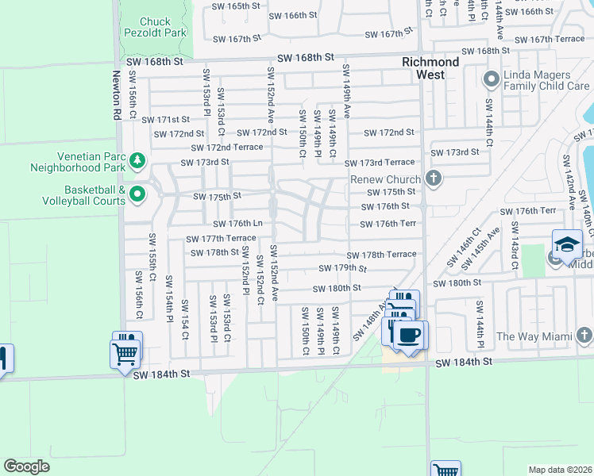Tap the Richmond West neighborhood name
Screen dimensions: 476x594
pyautogui.click(x=430, y=67)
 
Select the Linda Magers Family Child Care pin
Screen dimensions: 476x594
pyautogui.click(x=490, y=79)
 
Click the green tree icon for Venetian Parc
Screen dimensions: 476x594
pyautogui.click(x=138, y=161)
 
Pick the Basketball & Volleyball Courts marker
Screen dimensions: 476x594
pyautogui.click(x=137, y=193)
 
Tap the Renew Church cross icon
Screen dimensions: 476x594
pyautogui.click(x=433, y=178)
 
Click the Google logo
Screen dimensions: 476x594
pyautogui.click(x=26, y=466)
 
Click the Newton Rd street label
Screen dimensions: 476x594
pyautogui.click(x=117, y=95)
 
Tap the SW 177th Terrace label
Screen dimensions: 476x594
pyautogui.click(x=221, y=239)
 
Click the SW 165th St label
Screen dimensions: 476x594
pyautogui.click(x=236, y=6)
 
